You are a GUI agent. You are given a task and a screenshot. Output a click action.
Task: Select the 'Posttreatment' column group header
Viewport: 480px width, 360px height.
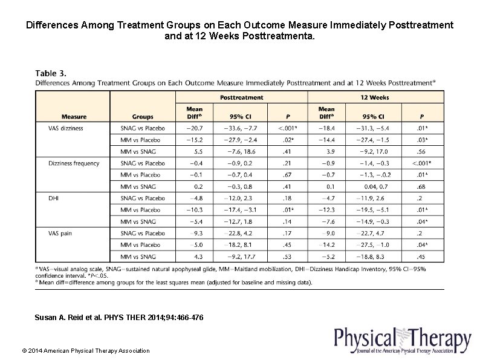point(241,97)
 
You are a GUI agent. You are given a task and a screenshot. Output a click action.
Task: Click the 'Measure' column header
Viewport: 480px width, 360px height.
point(74,117)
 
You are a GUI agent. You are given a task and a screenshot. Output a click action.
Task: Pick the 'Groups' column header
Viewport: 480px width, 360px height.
point(143,117)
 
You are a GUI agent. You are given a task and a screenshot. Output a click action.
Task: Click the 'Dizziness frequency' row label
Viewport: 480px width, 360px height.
point(74,163)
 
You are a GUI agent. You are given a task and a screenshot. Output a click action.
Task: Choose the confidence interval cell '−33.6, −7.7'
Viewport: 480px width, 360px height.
point(241,128)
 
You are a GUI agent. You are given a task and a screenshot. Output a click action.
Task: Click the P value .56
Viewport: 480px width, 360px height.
point(422,151)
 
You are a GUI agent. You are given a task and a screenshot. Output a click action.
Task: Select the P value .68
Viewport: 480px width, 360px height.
point(422,186)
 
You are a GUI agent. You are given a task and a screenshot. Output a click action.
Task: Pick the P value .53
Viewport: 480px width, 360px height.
point(288,256)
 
